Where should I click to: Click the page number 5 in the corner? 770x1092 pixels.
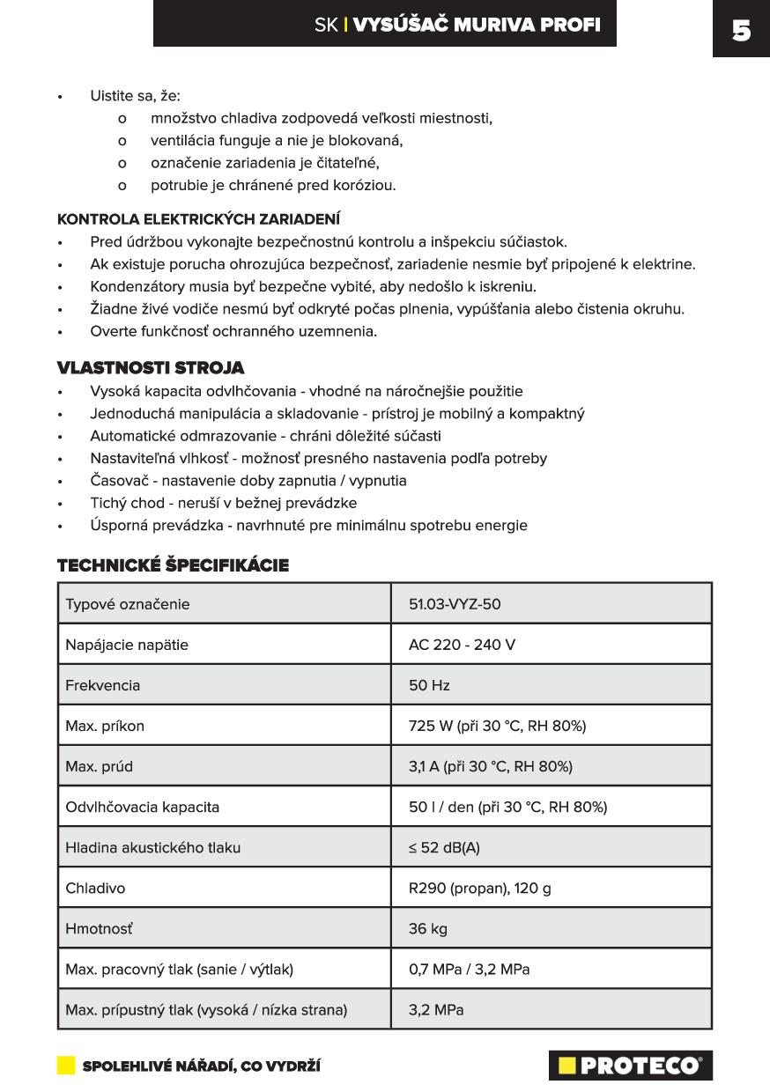coord(741,30)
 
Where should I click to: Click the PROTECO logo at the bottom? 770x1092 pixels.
coord(630,1066)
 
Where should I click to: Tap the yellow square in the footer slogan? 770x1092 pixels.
coord(66,1066)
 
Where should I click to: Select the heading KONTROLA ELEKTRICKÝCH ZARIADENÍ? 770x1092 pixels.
coord(198,219)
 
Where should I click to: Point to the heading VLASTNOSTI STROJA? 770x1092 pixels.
coord(151,367)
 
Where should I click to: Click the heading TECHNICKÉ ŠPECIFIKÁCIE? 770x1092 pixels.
coord(173,565)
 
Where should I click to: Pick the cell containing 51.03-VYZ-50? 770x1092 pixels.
coord(455,604)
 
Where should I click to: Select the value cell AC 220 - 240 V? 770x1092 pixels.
coord(462,645)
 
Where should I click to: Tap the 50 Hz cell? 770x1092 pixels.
coord(429,685)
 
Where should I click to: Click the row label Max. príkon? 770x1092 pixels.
coord(105,726)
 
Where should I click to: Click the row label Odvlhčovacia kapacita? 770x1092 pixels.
coord(142,807)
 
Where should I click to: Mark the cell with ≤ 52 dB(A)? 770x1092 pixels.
coord(444,847)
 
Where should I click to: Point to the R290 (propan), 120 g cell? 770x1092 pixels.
coord(479,888)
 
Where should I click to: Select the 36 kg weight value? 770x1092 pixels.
coord(429,928)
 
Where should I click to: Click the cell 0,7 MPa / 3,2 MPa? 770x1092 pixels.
coord(469,969)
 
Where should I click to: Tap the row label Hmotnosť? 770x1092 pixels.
coord(99,928)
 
